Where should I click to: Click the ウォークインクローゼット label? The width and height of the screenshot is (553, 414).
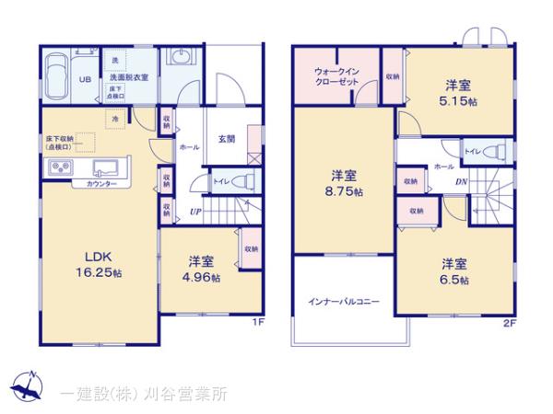coord(335,76)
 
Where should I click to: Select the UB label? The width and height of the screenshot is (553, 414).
coord(84,79)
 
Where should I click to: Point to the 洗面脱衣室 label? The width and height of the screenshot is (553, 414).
coord(130,79)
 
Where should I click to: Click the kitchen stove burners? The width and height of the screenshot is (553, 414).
coord(63,167)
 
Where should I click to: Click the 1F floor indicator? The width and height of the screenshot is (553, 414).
coord(259,323)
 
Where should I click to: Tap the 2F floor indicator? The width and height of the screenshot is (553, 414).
coord(510,323)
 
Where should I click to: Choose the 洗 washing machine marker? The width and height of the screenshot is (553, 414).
coord(115,61)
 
